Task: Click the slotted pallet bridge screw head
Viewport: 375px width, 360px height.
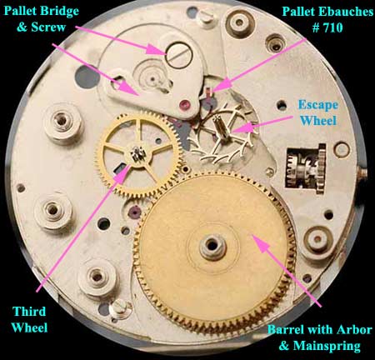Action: [x=179, y=55]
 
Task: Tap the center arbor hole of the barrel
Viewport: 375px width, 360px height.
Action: [x=212, y=246]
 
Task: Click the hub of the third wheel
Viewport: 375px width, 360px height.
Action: [x=137, y=153]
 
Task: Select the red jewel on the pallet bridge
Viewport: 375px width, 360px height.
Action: [x=184, y=105]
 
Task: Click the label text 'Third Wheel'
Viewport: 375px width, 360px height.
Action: [x=29, y=319]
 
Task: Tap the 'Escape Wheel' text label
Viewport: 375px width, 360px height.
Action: [x=318, y=112]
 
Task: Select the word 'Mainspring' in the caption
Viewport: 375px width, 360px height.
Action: [x=327, y=346]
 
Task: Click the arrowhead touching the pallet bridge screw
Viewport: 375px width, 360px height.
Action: [x=157, y=50]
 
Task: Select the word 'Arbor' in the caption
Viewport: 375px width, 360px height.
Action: [x=354, y=330]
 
